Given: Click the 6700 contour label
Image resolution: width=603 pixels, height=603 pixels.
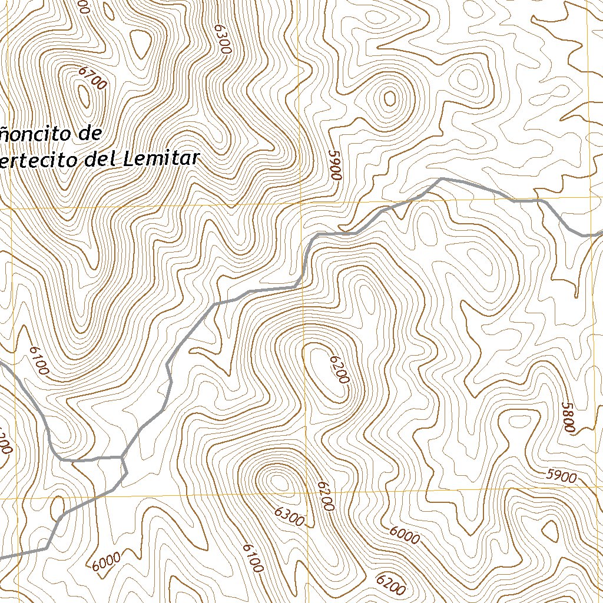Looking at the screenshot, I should (92, 78).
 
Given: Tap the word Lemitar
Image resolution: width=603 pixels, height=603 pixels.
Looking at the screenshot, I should (163, 158).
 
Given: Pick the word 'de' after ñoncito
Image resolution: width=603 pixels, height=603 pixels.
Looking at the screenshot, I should (92, 134).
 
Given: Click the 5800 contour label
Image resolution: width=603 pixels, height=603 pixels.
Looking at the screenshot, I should (568, 418).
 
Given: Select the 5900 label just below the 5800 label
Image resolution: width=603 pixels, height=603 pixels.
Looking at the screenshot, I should (561, 476).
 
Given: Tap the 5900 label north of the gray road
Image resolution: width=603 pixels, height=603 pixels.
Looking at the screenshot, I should (335, 165).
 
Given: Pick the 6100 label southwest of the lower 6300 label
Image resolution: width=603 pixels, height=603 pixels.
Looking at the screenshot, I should (252, 558).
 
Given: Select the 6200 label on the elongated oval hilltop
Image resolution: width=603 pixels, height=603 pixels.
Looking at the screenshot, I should (340, 369).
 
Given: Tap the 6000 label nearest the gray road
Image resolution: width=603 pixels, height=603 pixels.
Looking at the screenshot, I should (106, 561).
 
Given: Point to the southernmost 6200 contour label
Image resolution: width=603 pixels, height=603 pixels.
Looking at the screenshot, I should (391, 585).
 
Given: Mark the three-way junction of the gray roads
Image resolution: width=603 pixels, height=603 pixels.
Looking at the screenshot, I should (122, 457).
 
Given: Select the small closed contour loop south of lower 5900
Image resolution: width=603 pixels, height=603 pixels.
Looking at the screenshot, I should (550, 531).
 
